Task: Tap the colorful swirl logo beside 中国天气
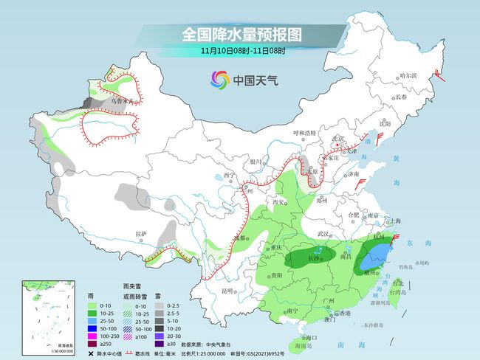pyautogui.click(x=219, y=79)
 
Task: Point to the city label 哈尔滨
pyautogui.click(x=408, y=75)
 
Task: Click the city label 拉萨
pyautogui.click(x=141, y=234)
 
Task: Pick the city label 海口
pyautogui.click(x=303, y=337)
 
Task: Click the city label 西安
pyautogui.click(x=278, y=202)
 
